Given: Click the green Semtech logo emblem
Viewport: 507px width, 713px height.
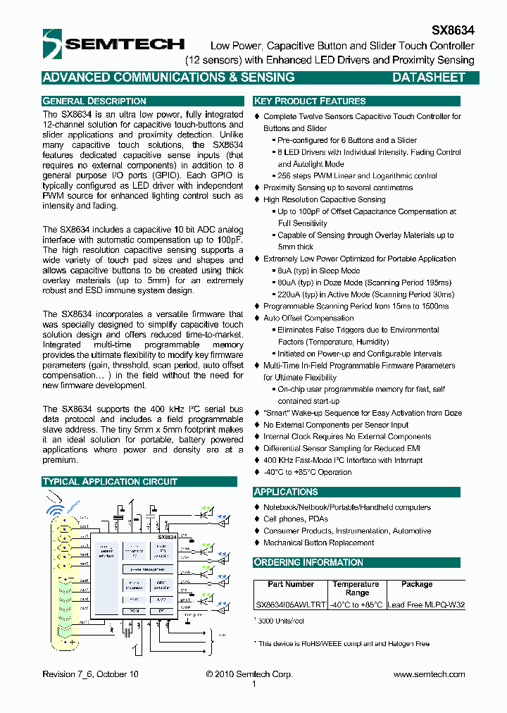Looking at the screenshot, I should click(54, 43).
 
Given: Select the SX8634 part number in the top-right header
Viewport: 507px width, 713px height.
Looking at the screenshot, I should click(452, 31).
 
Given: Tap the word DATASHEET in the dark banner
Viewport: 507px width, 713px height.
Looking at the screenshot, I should click(428, 77).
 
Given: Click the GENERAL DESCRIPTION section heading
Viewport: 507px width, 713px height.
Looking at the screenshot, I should click(94, 101).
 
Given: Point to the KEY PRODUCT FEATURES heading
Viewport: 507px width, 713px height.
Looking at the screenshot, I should click(310, 101).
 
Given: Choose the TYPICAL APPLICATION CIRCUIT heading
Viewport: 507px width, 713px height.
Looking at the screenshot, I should click(110, 481).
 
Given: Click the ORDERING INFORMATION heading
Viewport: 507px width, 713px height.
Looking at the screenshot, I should click(308, 562).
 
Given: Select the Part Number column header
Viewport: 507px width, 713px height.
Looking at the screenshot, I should click(290, 584).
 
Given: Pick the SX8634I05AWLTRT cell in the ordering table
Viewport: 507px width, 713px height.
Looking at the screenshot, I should click(290, 604).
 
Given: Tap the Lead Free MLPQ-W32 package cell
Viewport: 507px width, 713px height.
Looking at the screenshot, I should click(426, 604).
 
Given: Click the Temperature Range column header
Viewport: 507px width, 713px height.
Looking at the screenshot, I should click(356, 588).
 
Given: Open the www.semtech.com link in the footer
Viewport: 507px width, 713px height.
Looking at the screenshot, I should click(429, 674).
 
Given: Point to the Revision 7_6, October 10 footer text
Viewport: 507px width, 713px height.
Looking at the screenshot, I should click(90, 674).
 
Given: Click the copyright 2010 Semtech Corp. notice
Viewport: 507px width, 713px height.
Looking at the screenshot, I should click(249, 674).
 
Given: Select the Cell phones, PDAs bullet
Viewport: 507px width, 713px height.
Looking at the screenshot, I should click(295, 519).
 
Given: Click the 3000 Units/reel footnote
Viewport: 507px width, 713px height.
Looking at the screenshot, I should click(282, 621).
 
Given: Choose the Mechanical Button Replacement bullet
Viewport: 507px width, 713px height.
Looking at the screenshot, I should click(318, 542).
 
